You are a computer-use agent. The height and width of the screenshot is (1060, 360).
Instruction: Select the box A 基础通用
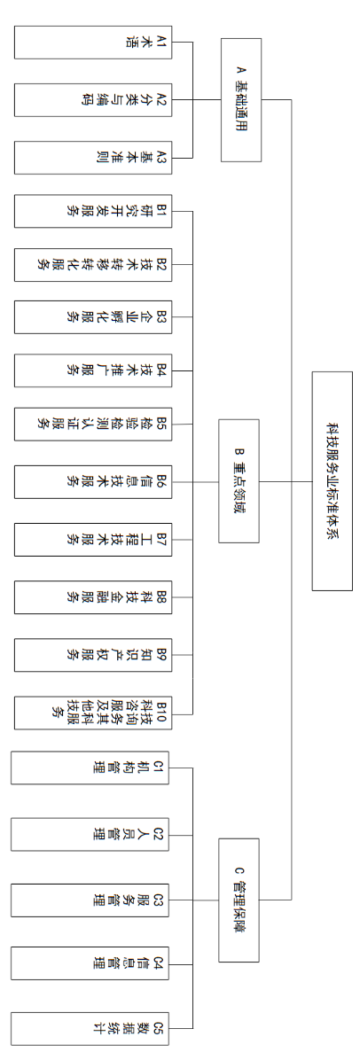point(240,99)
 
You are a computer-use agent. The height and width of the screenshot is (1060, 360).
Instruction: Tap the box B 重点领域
point(239,481)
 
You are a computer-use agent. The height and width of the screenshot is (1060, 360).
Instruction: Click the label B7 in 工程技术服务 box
point(161,538)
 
